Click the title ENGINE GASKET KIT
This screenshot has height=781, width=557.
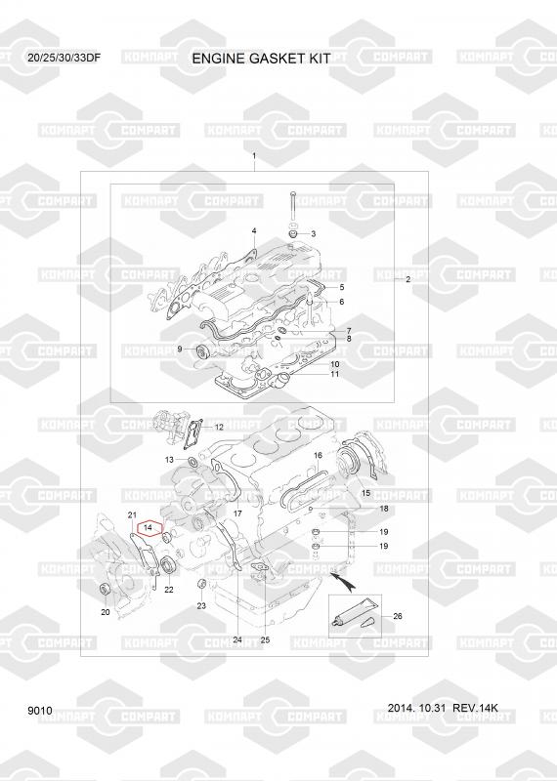(x=261, y=59)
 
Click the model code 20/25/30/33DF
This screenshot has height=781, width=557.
(x=64, y=58)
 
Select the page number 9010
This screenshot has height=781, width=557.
(x=40, y=711)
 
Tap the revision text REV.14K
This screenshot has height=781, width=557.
(x=475, y=708)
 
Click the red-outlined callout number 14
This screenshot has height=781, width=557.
(x=148, y=526)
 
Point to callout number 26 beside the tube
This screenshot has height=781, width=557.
(x=398, y=616)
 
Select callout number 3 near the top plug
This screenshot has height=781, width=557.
(x=313, y=233)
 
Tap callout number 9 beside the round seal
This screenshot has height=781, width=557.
(x=180, y=349)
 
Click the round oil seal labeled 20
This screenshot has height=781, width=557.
(x=106, y=589)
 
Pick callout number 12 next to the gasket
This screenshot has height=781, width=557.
(x=219, y=428)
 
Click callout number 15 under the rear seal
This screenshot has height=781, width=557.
(x=365, y=493)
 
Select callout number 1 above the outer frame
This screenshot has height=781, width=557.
(x=254, y=156)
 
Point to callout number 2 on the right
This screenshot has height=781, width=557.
(x=407, y=279)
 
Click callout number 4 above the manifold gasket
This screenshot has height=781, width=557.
(x=254, y=230)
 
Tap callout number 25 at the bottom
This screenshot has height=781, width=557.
(x=265, y=639)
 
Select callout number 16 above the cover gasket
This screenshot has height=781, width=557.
(x=318, y=455)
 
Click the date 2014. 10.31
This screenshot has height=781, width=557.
(x=416, y=708)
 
